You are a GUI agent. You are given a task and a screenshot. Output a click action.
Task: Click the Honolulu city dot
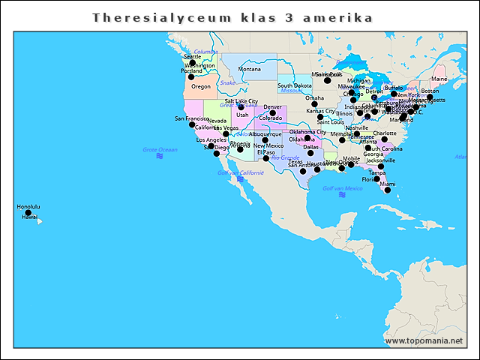28,213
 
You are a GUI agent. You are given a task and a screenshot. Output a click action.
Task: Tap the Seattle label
193,56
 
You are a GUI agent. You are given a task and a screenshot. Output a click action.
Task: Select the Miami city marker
388,190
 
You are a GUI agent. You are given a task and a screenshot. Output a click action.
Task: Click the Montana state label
250,69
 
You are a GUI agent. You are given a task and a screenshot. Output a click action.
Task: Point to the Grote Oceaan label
160,150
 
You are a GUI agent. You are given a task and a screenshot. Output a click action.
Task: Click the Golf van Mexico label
342,188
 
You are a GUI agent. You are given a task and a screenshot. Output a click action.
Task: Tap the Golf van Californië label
240,172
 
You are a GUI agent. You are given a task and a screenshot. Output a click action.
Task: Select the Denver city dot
273,113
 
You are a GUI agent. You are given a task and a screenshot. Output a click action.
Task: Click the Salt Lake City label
241,101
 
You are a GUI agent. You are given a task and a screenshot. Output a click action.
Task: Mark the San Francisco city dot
192,124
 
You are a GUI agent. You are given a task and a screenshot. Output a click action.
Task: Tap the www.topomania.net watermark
424,341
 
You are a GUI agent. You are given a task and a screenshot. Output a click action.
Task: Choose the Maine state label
439,79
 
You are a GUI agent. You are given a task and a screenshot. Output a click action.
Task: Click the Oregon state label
201,87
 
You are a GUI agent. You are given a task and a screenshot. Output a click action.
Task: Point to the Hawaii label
29,217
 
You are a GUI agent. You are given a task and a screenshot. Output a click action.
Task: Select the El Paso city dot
265,158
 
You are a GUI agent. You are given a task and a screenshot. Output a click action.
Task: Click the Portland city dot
191,76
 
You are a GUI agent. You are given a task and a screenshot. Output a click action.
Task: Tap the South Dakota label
295,85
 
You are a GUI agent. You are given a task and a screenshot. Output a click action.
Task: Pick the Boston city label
430,91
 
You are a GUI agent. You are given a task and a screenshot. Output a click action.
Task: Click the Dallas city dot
310,153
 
